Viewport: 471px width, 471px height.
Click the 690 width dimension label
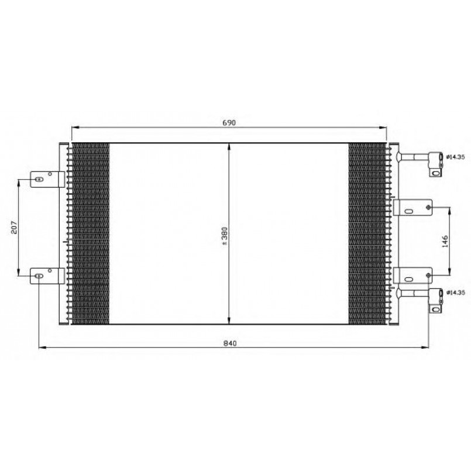229,122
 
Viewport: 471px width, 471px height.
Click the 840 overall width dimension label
230,343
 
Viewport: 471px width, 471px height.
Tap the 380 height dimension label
225,236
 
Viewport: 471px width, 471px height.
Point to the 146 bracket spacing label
445,241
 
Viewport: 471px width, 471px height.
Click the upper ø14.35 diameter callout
456,157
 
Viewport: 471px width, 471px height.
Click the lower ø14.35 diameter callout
456,293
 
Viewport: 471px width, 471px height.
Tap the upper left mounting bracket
47,179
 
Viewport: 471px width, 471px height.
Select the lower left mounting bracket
47,276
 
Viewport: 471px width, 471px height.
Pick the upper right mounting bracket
412,208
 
